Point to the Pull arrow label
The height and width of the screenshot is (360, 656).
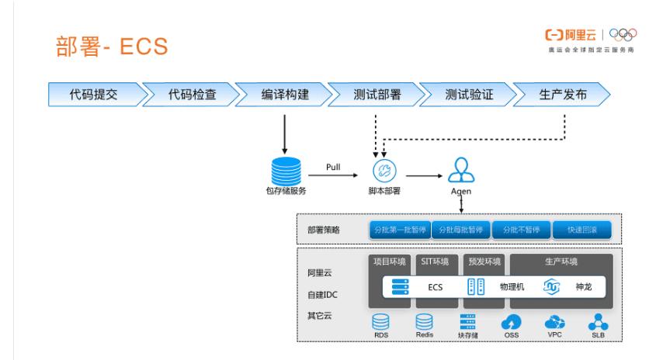tap(333, 165)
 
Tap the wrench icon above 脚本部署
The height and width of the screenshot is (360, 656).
tap(380, 171)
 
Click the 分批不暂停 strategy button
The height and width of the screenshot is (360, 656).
tap(521, 230)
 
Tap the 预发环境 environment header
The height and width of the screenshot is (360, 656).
tap(484, 261)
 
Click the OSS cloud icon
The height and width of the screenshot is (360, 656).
tap(513, 322)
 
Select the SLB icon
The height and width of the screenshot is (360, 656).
tap(597, 322)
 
